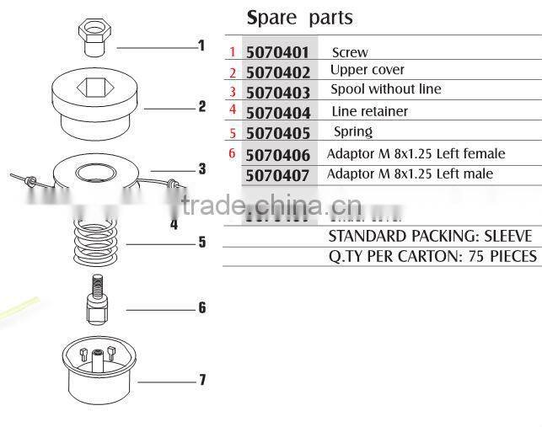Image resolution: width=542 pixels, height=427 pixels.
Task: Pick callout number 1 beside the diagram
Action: coord(201,45)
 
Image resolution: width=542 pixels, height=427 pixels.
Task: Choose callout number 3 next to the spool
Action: coord(202,169)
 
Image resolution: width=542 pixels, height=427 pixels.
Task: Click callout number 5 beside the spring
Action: coord(202,243)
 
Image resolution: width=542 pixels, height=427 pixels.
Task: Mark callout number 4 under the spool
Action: coord(174,225)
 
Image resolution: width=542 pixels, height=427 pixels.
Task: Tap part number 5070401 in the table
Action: coord(278,53)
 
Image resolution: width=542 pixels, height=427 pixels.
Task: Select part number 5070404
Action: coord(278,113)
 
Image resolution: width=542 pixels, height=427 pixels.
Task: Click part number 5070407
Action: coord(278,175)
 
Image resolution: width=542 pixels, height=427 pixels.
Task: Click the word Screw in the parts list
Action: coord(350,52)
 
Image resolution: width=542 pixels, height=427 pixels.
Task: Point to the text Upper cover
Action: coord(368,70)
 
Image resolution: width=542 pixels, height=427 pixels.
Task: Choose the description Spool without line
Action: coord(386,89)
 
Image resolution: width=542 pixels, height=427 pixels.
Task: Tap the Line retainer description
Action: coord(370,111)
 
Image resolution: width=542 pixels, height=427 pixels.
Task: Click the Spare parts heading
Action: coord(299,17)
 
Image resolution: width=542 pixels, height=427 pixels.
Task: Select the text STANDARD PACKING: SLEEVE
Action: coord(430,236)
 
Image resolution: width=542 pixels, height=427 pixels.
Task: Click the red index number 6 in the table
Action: coord(232,153)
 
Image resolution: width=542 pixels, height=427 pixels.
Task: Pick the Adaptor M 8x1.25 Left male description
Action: coord(411,174)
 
